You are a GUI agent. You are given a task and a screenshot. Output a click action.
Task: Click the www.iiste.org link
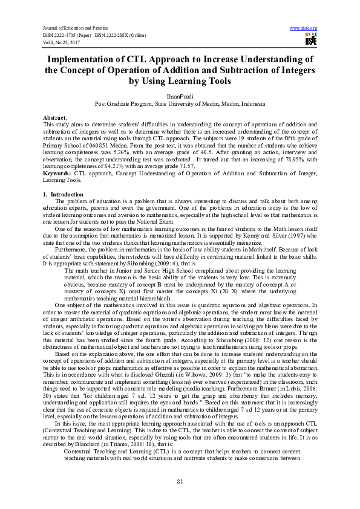(x=304, y=28)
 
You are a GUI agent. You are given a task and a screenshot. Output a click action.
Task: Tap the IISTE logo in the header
(x=310, y=40)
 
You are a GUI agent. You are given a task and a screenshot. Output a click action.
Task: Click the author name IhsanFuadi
(x=180, y=96)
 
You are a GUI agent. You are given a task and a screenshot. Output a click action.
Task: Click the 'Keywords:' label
(x=57, y=173)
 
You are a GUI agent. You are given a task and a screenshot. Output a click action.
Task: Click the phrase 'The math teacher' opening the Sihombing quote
(x=84, y=270)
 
